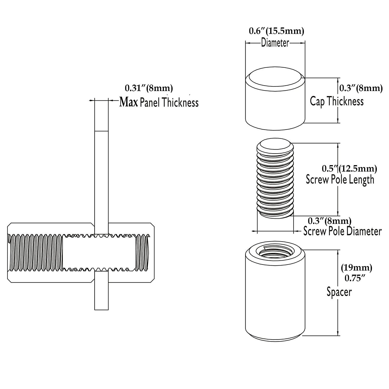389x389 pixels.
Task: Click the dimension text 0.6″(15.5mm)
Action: coord(276,31)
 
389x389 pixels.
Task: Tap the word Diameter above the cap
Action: coord(275,43)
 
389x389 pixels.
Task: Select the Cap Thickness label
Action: coord(337,101)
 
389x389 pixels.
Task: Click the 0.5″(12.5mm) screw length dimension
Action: coord(349,169)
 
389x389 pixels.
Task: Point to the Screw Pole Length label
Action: coord(340,179)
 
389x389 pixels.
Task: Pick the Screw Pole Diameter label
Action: coord(343,231)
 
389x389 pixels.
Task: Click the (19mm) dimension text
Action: coord(357,267)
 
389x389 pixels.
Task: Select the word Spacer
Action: coord(339,292)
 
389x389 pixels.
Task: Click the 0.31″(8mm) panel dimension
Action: coord(149,88)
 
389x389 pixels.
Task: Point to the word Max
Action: coord(128,102)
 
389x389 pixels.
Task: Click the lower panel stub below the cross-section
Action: coord(101,291)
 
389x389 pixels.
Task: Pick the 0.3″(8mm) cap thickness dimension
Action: coord(361,88)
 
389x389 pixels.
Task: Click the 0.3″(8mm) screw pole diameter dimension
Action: coord(329,221)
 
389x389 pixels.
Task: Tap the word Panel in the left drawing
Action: coord(149,103)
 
